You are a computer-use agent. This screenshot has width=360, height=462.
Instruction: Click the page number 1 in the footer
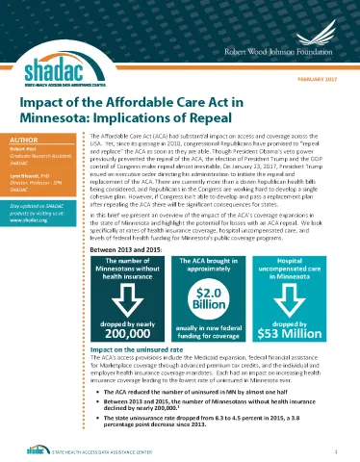334,449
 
